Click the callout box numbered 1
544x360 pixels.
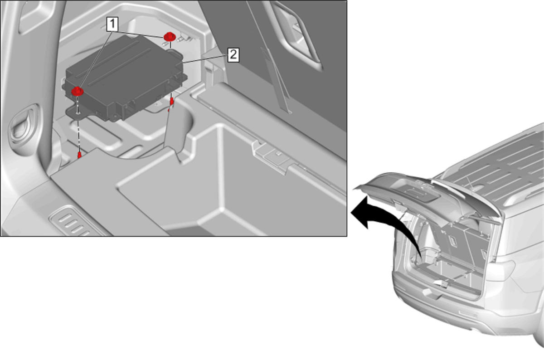[x=112, y=24]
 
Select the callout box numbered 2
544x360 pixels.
[x=233, y=55]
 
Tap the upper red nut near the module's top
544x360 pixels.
[x=170, y=37]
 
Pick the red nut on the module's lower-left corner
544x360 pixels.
[x=78, y=91]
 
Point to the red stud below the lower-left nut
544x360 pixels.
[x=79, y=155]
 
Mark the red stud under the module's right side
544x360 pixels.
[x=172, y=102]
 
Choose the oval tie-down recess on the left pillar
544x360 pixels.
[x=24, y=126]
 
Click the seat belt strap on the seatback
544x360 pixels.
[x=276, y=80]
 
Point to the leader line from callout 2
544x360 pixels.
[x=205, y=59]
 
